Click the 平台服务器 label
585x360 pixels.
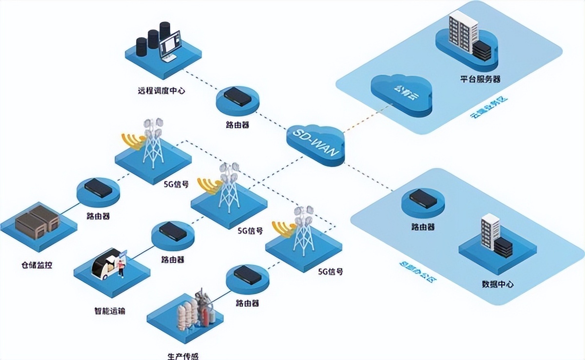tap(480, 79)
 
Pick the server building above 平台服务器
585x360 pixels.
tap(462, 33)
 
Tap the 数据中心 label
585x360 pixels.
tap(497, 284)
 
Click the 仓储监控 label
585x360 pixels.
tap(37, 265)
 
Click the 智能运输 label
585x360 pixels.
tap(110, 310)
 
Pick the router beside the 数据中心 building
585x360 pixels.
tap(423, 198)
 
